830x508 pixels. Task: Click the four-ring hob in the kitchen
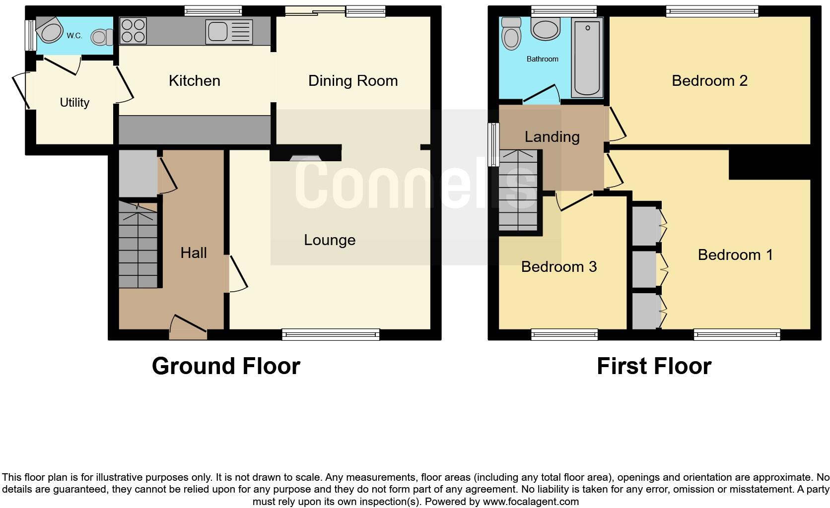click(x=134, y=30)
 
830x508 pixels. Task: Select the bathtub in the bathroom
click(x=587, y=58)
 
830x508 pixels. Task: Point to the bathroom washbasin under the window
click(x=546, y=29)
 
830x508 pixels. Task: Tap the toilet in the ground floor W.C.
click(x=102, y=36)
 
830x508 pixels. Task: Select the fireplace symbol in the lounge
click(x=305, y=158)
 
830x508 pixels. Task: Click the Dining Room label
click(x=353, y=81)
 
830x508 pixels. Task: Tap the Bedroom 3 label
click(x=559, y=267)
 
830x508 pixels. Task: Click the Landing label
click(x=552, y=136)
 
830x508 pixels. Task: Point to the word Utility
click(x=74, y=103)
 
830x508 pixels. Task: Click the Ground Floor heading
click(x=226, y=366)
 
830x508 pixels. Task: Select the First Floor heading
click(x=654, y=366)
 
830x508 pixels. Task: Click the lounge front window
click(x=331, y=335)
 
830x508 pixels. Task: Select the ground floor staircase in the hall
click(x=138, y=246)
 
